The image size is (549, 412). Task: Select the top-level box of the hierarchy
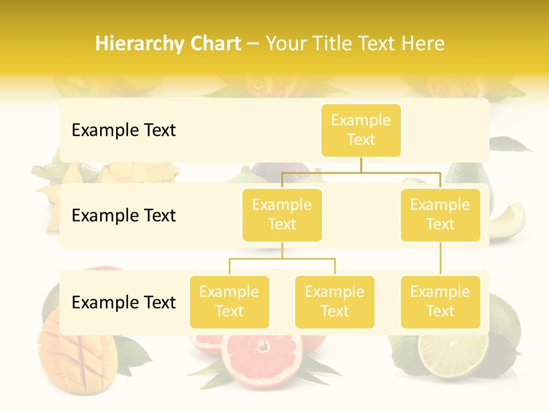pos(361,130)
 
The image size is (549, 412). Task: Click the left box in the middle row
pos(282,215)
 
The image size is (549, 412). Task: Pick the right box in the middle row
pos(440,215)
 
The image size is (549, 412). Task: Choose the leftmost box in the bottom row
pos(229,302)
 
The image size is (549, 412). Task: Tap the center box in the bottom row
pos(335,302)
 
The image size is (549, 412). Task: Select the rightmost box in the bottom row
pos(440,302)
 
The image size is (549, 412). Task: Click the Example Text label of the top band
pos(124,130)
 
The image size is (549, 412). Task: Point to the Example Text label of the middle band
pos(124,216)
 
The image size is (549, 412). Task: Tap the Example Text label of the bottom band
pos(124,303)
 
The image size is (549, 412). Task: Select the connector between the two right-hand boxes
pos(440,259)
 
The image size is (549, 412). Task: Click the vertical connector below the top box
pos(361,165)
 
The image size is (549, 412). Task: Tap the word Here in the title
pos(423,44)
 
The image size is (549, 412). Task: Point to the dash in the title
pos(253,44)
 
